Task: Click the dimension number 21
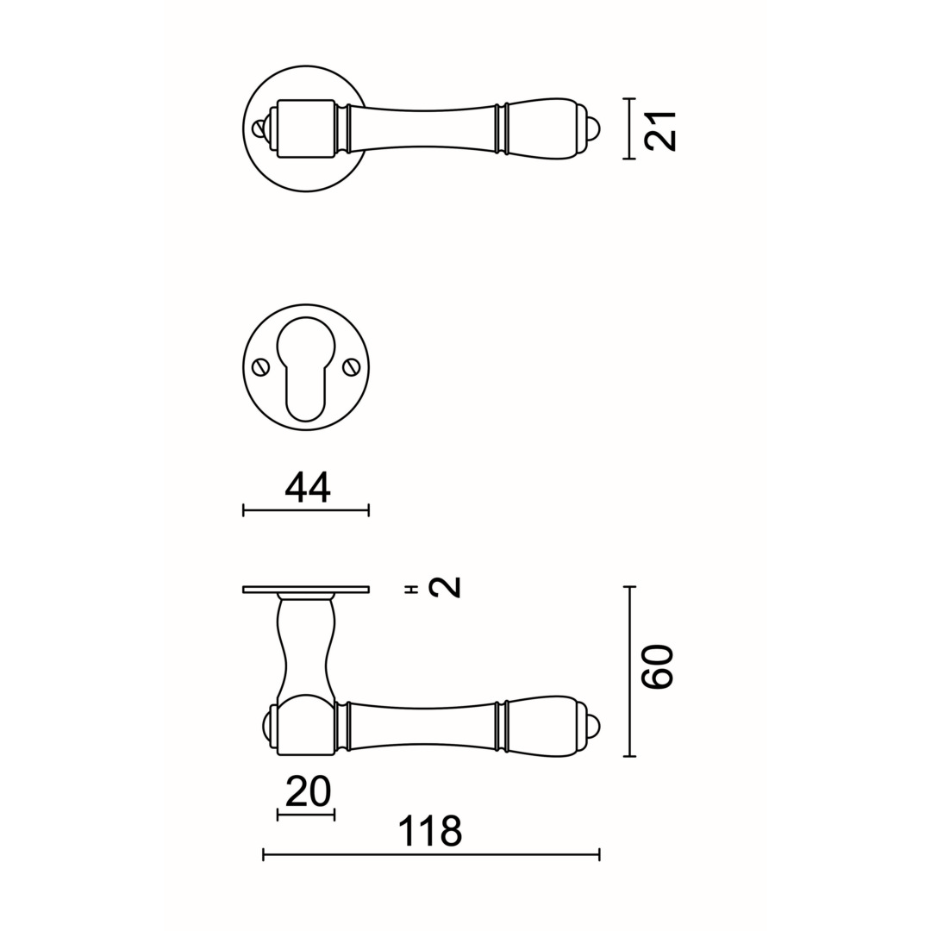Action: (661, 130)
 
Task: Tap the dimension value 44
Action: (307, 488)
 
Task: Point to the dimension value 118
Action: (429, 831)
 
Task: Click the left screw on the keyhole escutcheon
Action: (259, 368)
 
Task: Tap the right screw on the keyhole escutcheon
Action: (350, 368)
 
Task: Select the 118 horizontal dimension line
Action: (431, 855)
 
